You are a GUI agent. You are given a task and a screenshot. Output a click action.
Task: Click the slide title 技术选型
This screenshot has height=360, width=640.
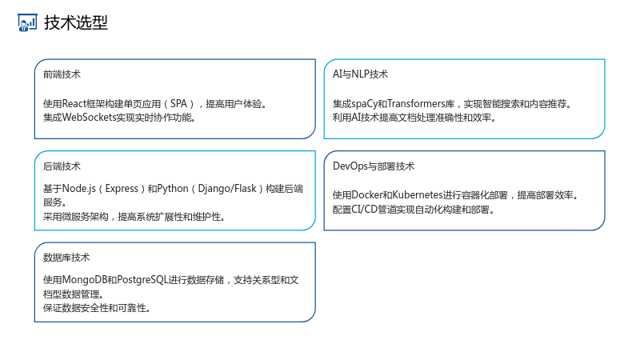coord(76,22)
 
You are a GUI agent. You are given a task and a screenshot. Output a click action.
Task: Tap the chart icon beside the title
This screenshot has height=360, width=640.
coord(27,22)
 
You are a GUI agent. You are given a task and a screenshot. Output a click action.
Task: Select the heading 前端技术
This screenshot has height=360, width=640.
coord(62,74)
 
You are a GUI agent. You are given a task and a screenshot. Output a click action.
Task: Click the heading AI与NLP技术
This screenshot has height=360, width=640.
coord(360,74)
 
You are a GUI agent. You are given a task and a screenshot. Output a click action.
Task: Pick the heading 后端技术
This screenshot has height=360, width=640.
coord(62,166)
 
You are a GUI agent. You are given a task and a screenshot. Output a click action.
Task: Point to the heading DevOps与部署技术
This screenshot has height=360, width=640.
coord(374,166)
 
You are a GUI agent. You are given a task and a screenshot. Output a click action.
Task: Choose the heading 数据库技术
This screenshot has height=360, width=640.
coord(66,258)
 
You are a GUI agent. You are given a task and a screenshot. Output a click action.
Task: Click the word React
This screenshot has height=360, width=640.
coord(74,104)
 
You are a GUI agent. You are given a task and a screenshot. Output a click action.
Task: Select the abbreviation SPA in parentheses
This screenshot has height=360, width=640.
coord(178,104)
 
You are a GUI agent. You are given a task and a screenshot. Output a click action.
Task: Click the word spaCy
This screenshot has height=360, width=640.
coord(365,104)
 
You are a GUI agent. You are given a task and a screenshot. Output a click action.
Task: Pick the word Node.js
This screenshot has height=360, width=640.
coord(79,189)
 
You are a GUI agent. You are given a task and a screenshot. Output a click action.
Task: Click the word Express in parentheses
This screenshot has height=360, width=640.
coord(122,189)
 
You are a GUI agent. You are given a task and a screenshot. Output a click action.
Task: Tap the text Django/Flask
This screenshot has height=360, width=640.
coord(227,189)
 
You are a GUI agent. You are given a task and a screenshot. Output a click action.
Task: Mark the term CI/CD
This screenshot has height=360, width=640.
coord(365,210)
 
